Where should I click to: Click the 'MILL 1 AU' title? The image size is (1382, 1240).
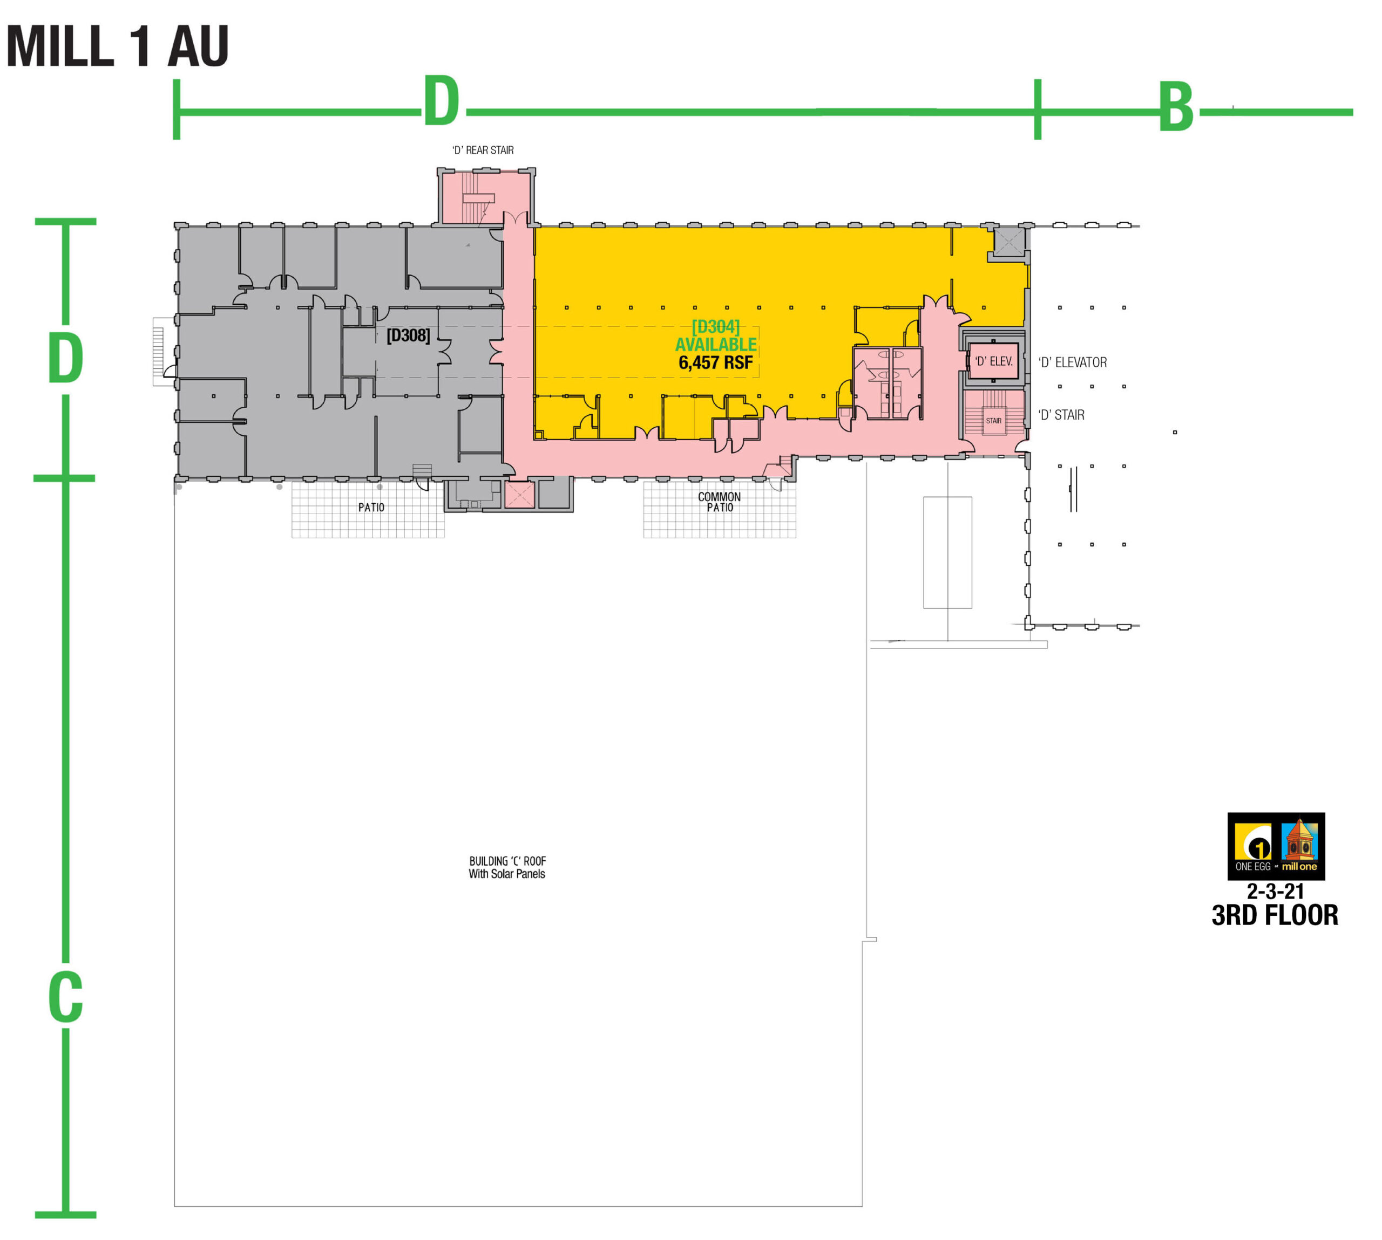point(117,46)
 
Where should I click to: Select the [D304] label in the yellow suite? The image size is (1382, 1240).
point(715,327)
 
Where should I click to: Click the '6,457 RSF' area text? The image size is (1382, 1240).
point(715,362)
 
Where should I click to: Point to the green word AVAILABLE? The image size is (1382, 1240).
point(715,345)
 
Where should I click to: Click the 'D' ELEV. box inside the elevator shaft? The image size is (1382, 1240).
point(993,361)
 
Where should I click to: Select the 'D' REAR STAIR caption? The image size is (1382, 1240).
point(483,150)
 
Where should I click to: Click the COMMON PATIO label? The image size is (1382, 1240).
point(719,502)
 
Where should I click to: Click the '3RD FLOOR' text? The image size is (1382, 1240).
point(1274,915)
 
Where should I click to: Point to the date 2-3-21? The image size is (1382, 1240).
point(1275,891)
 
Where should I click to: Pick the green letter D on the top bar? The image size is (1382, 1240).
point(441,100)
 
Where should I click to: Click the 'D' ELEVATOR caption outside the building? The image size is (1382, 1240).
point(1073,362)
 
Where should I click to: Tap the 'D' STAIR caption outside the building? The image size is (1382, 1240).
point(1061,415)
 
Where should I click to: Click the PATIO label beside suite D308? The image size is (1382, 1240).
point(371,508)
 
